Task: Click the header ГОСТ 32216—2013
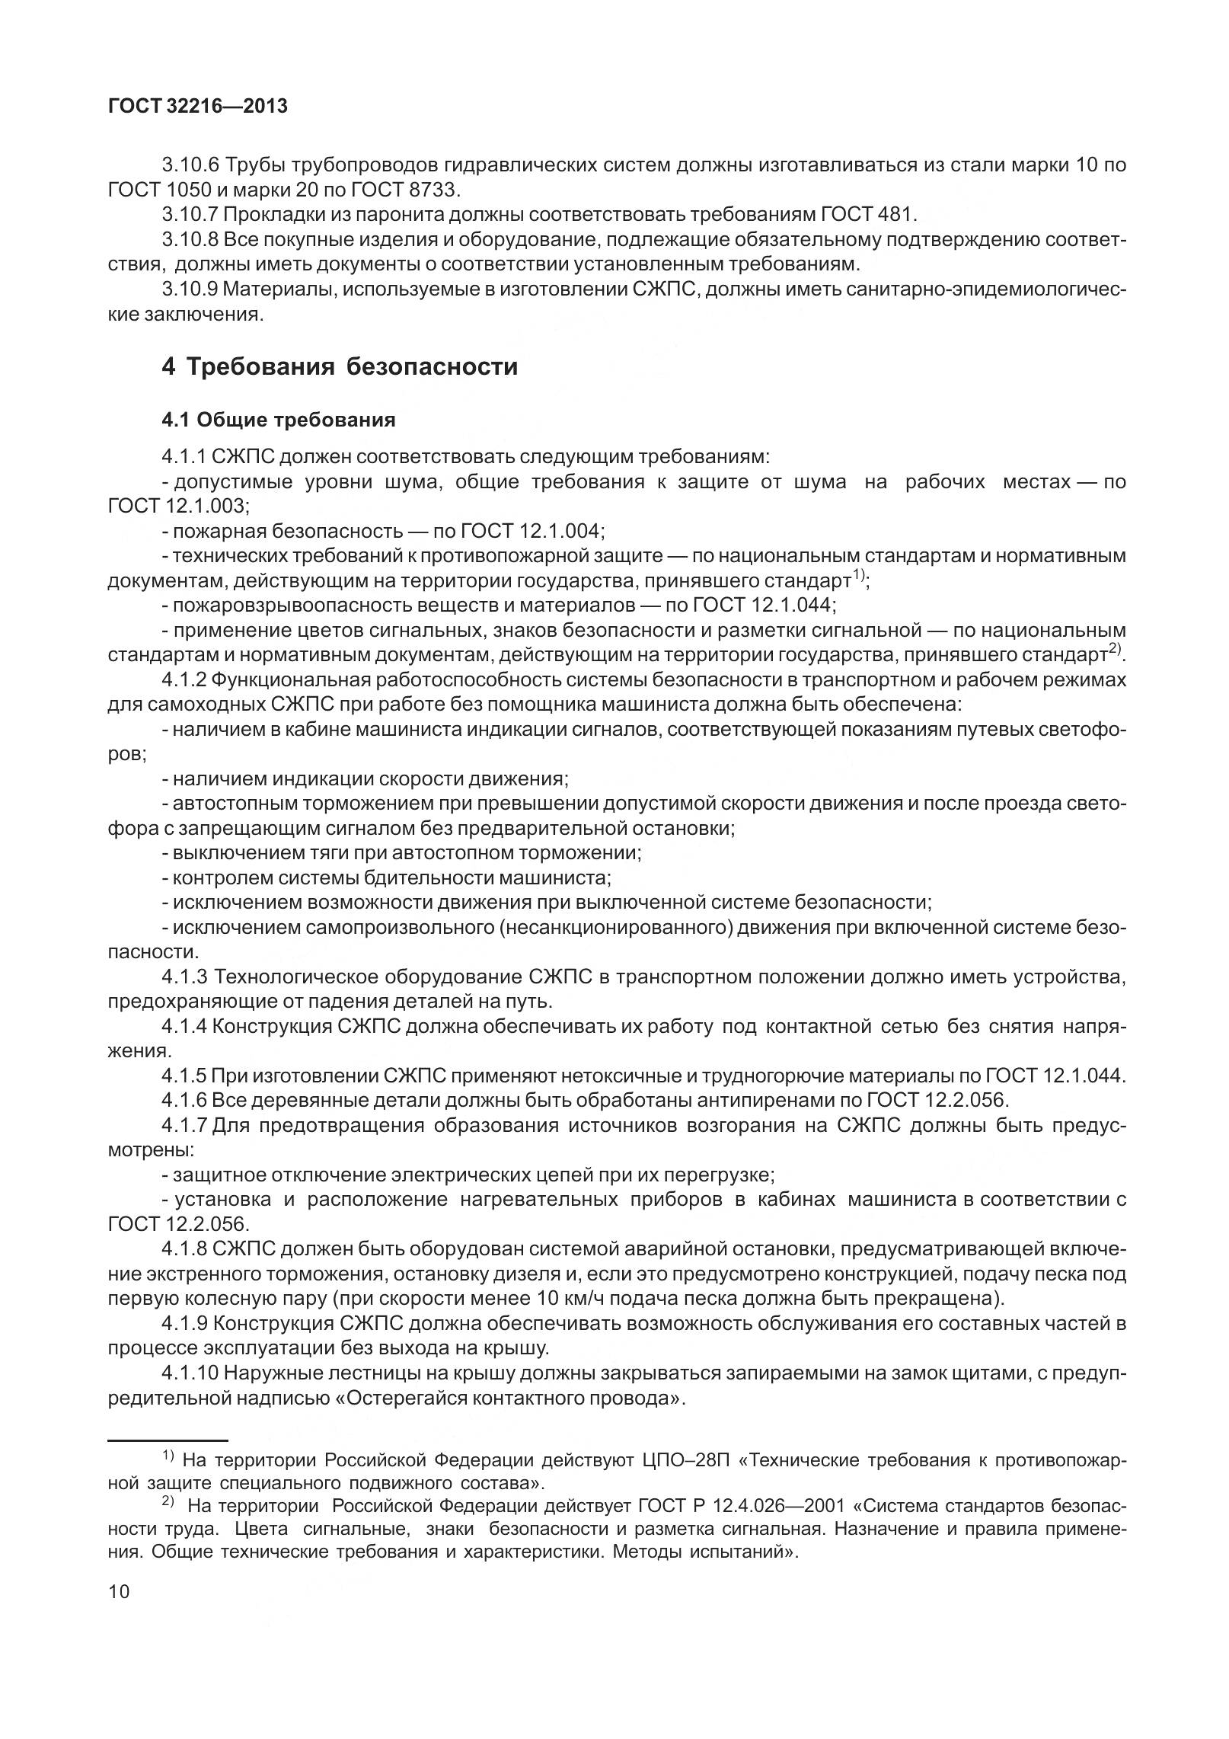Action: coord(198,107)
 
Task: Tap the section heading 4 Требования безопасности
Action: coord(340,366)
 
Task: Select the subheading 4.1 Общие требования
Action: coord(278,420)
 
